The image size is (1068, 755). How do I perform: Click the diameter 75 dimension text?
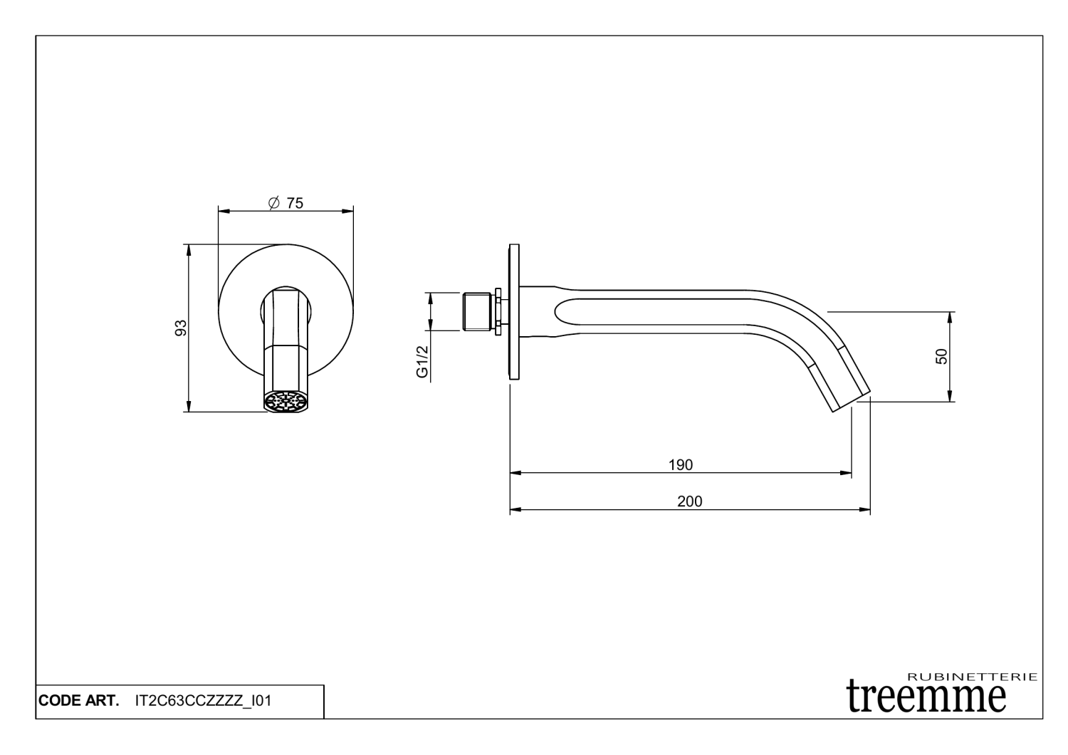coord(286,204)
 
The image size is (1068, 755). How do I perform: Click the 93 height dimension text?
coord(181,328)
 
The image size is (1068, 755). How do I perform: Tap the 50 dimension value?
coord(942,357)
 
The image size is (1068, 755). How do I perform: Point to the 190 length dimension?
coord(681,465)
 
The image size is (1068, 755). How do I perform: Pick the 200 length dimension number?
coord(689,501)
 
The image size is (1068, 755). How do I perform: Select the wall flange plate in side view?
coord(514,312)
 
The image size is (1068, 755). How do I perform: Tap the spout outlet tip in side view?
coord(851,400)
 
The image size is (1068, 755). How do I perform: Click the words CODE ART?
coord(78,701)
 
